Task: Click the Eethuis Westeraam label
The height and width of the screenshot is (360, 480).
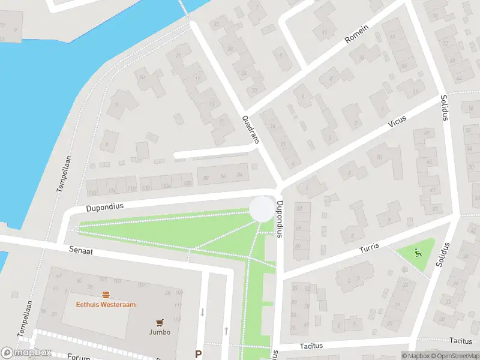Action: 106,304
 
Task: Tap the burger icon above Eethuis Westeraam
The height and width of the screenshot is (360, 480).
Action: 106,294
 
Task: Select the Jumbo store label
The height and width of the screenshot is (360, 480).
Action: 160,332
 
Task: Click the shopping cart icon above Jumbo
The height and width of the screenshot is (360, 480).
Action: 160,322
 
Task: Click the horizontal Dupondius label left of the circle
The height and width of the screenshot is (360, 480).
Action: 104,206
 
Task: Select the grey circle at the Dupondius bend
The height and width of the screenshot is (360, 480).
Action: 262,209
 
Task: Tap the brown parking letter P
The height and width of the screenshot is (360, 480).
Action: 199,354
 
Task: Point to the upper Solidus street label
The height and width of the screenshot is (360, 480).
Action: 444,107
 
